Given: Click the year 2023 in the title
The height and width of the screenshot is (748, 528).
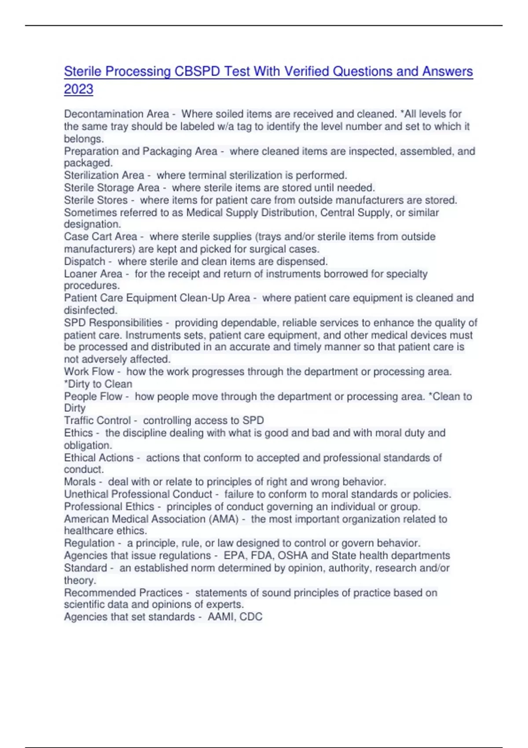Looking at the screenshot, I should (x=78, y=89).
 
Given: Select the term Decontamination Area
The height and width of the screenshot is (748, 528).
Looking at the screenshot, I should (x=116, y=114).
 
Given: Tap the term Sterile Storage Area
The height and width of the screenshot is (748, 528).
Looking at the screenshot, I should (x=111, y=188).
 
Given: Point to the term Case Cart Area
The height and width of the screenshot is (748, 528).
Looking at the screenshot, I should (x=100, y=237).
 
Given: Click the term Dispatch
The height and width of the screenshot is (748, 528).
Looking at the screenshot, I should (x=84, y=261).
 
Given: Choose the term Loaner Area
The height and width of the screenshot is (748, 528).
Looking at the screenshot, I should (x=93, y=274).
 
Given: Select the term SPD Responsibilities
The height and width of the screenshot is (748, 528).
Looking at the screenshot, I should (x=113, y=323).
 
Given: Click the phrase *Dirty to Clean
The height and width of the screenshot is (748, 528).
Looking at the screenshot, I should (x=98, y=384).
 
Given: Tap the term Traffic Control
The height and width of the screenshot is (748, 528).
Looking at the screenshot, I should (x=97, y=421).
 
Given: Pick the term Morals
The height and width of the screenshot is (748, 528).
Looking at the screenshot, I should (x=80, y=482).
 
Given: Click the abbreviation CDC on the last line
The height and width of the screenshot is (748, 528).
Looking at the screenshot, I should (x=251, y=617).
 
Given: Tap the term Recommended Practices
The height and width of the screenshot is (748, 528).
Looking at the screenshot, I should (x=123, y=593).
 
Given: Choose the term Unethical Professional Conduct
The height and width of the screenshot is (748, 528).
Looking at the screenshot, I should (x=138, y=494).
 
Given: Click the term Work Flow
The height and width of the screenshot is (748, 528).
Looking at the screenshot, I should (x=88, y=372).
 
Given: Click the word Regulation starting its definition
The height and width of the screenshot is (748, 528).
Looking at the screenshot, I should (x=89, y=543).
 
